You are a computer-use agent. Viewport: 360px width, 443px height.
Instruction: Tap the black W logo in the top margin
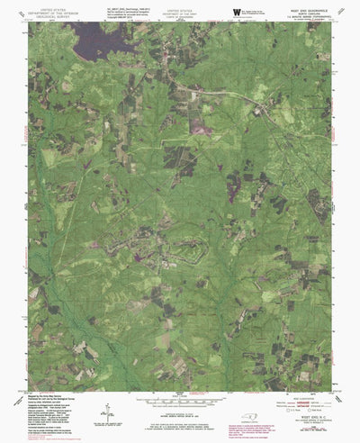236,11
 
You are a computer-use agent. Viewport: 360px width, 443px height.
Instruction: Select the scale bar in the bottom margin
180,397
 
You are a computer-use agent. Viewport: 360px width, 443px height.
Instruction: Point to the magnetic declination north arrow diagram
109,410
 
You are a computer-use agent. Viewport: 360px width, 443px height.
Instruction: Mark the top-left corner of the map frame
29,23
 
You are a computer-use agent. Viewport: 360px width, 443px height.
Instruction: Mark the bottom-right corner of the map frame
332,389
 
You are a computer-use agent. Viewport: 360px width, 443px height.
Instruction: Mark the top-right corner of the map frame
332,23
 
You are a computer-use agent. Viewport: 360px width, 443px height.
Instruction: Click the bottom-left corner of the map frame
29,389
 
